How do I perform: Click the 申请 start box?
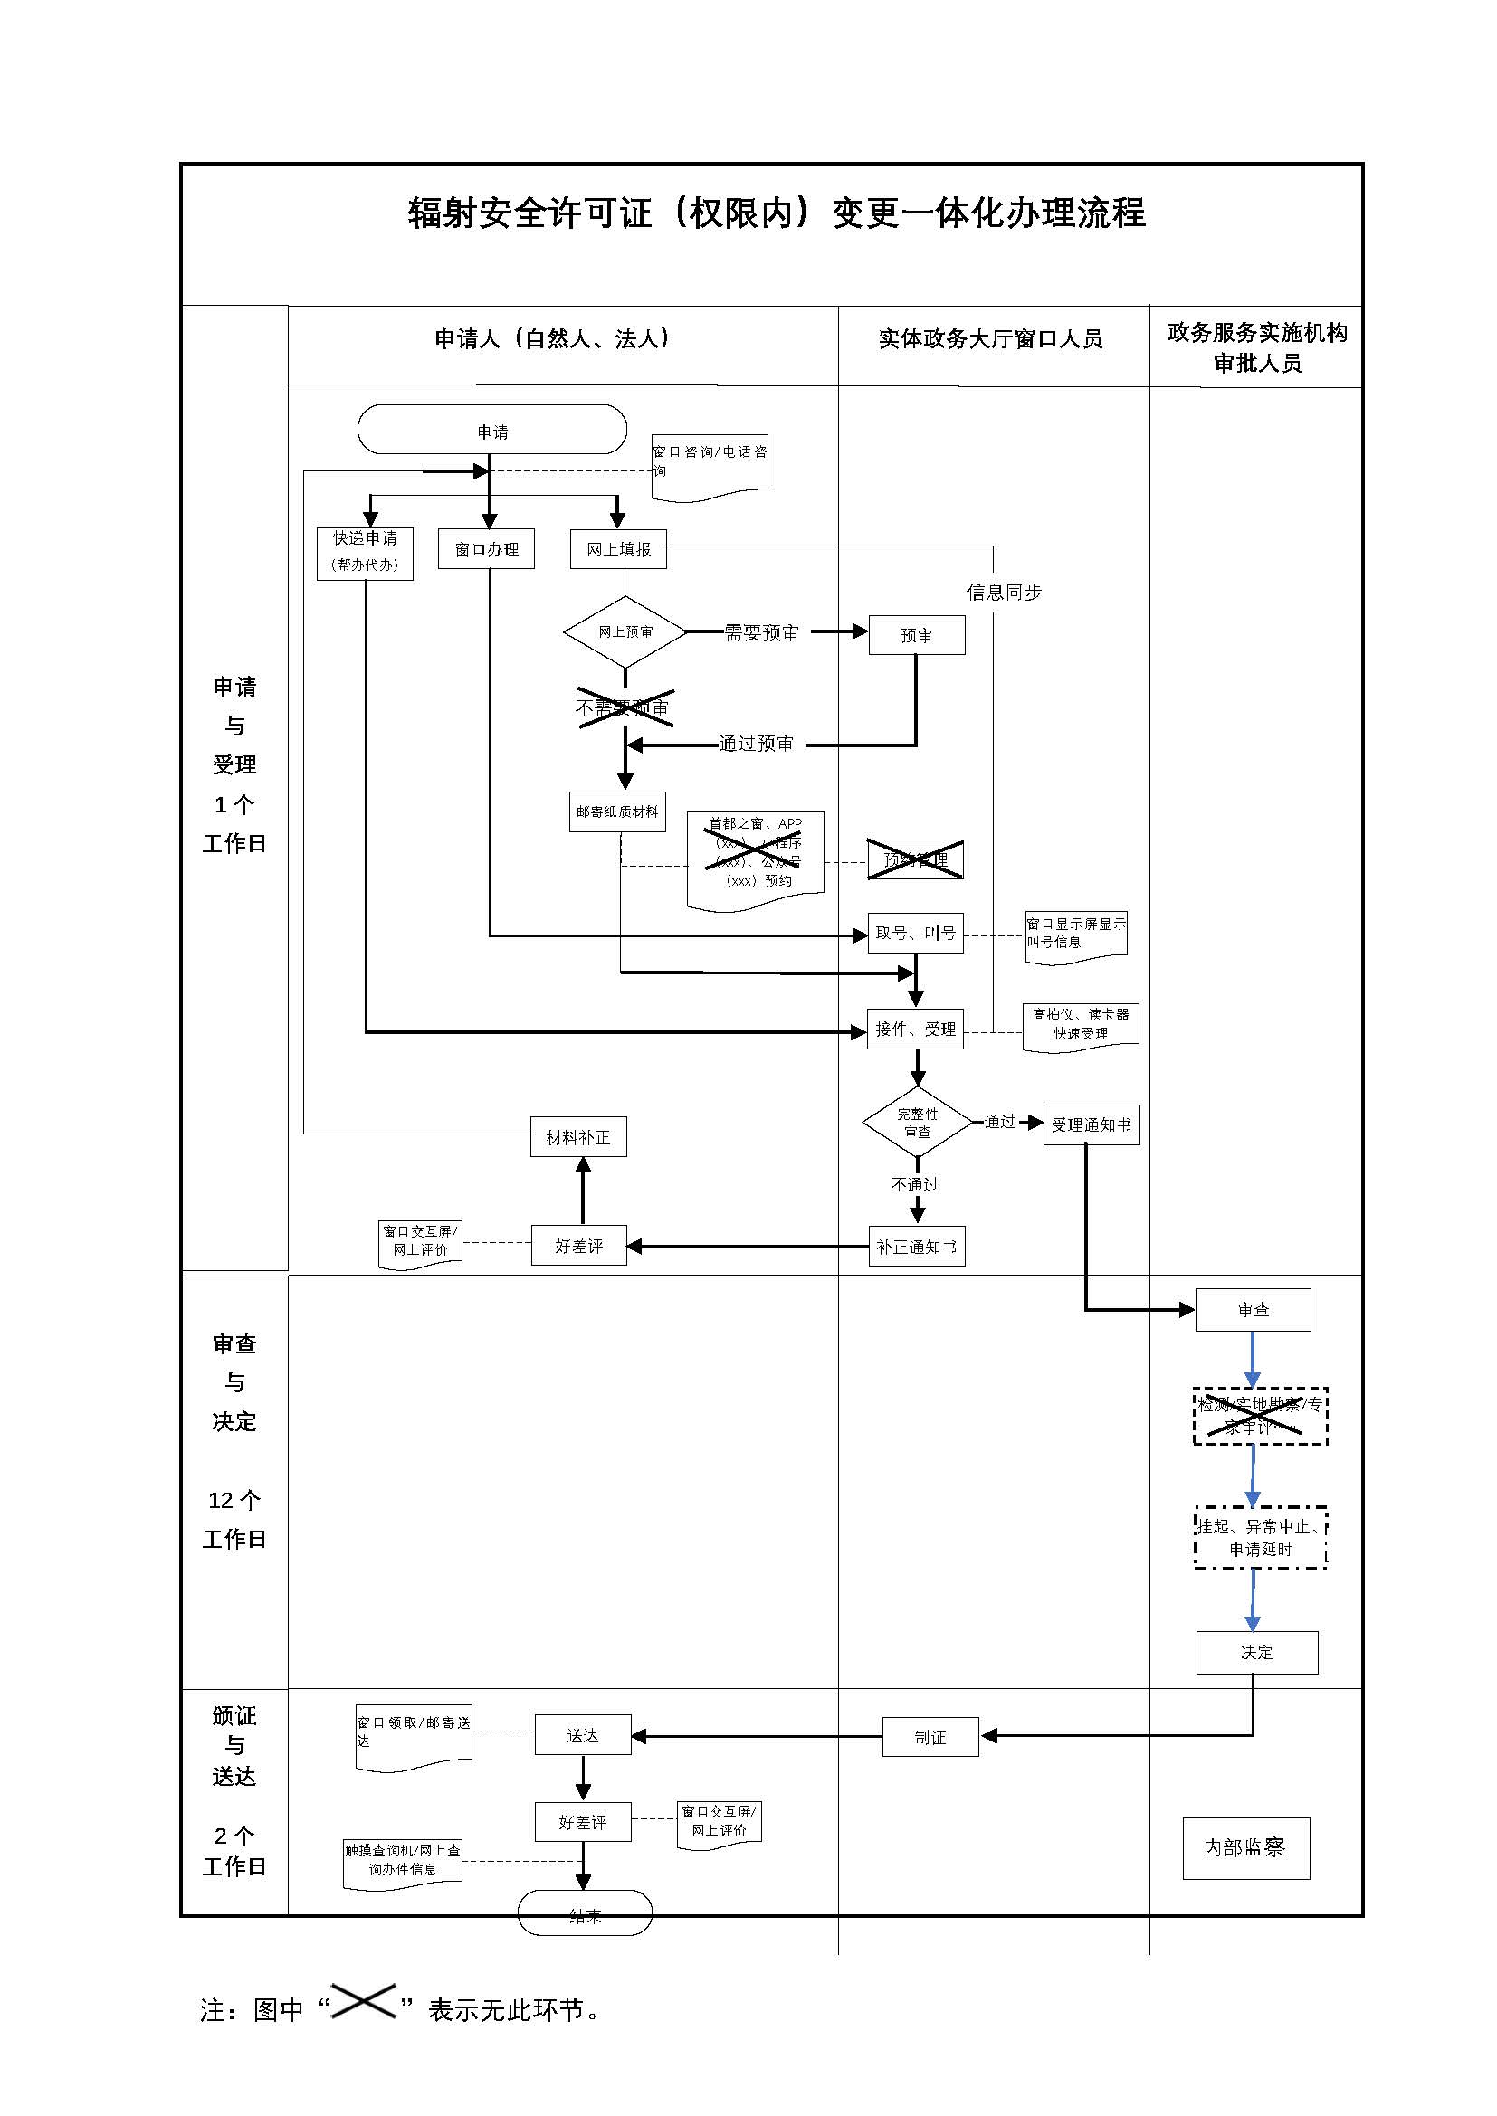pos(491,430)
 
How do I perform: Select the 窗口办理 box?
pos(486,549)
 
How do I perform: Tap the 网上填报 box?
pos(617,549)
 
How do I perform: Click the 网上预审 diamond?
pos(625,631)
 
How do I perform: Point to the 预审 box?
pos(916,635)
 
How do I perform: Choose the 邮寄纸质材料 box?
pos(616,811)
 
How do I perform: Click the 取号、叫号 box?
pos(915,933)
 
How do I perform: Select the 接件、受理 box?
pos(915,1029)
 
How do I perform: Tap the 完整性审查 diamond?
pos(917,1123)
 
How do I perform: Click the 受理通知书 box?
pos(1091,1124)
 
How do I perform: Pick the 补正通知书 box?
pos(916,1247)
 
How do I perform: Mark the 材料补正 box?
pos(578,1137)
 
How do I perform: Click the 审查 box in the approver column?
pos(1253,1310)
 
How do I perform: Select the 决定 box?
pos(1256,1653)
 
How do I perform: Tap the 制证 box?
pos(930,1737)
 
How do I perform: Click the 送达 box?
pos(583,1735)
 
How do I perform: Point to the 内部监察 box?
pos(1245,1848)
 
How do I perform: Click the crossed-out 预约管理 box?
pos(914,859)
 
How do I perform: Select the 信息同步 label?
pos(1004,593)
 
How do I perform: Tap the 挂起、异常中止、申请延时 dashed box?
pos(1260,1538)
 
